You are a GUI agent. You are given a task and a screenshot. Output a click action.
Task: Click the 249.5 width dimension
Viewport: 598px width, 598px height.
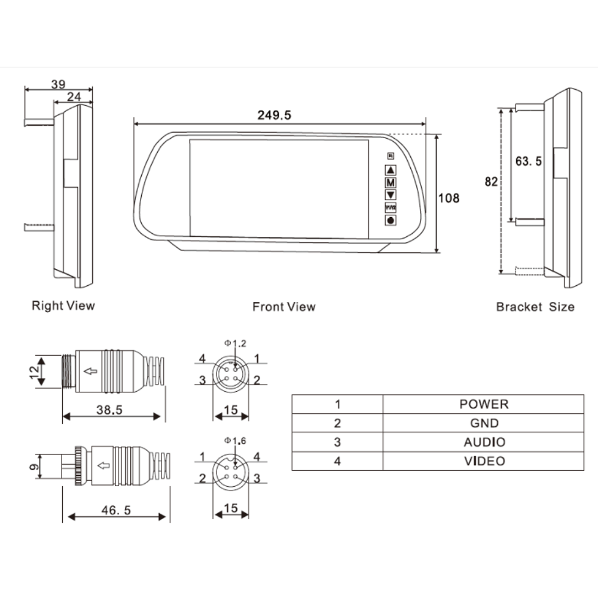click(274, 115)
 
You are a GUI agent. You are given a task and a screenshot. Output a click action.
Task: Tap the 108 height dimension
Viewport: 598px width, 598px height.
click(449, 199)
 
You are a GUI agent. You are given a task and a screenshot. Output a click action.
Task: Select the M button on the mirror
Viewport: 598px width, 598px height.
click(390, 182)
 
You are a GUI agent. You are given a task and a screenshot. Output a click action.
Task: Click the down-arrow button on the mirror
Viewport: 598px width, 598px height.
click(390, 196)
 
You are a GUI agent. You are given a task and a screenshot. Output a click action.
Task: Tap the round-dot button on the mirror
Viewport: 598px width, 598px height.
click(390, 221)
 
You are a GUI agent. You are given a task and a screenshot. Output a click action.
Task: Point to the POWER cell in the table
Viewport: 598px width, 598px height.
click(484, 404)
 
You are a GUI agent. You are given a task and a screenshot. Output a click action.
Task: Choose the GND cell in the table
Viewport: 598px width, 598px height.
click(484, 423)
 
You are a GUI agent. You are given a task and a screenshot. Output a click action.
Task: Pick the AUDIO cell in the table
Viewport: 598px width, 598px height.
click(484, 442)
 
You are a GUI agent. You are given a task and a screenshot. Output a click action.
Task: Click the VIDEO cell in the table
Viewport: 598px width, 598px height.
click(484, 461)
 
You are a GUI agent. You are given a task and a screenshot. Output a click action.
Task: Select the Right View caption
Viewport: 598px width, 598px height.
click(63, 306)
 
